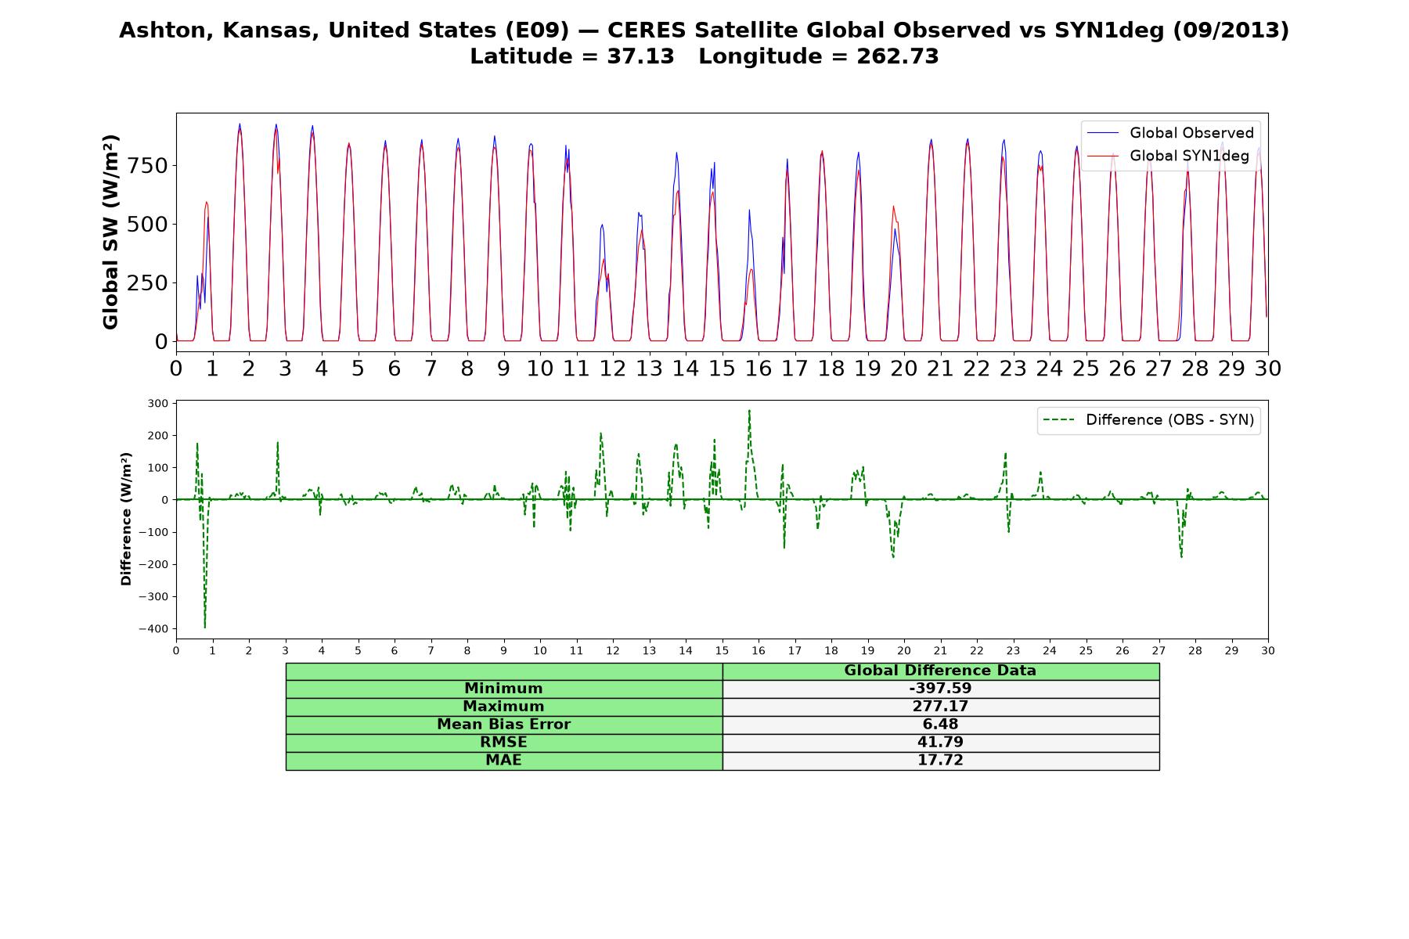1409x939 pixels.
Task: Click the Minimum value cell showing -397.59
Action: [x=940, y=689]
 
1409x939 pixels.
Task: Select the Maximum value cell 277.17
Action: [x=940, y=707]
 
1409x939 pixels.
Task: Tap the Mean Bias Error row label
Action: [x=503, y=725]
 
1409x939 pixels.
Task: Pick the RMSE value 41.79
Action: [x=940, y=743]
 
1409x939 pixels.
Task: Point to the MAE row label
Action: [x=503, y=761]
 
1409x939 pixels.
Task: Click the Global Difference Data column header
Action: [x=940, y=671]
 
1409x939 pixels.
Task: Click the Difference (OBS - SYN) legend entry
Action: [x=1148, y=420]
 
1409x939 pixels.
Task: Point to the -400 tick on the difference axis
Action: [x=153, y=628]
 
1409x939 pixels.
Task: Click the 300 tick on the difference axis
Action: [x=158, y=404]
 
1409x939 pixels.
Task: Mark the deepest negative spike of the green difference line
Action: [x=205, y=628]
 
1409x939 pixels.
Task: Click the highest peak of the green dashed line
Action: [x=749, y=410]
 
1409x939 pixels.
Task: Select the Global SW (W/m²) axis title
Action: [x=110, y=232]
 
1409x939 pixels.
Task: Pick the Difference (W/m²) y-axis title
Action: [x=126, y=519]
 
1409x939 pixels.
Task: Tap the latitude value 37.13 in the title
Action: [x=640, y=56]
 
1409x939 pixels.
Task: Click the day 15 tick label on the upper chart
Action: [x=722, y=368]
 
